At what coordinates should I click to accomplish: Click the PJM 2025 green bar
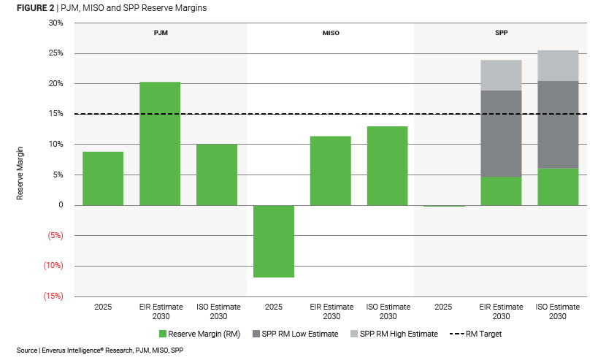pyautogui.click(x=103, y=178)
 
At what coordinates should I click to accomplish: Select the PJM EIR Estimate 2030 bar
pyautogui.click(x=160, y=143)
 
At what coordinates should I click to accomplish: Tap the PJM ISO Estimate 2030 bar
pyautogui.click(x=217, y=175)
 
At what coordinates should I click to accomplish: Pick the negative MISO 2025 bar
pyautogui.click(x=274, y=241)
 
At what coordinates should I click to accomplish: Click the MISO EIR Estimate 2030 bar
pyautogui.click(x=331, y=170)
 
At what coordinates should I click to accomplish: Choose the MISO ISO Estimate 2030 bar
pyautogui.click(x=387, y=166)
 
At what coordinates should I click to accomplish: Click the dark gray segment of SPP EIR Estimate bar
pyautogui.click(x=501, y=134)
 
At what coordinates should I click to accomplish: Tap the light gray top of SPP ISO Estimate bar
pyautogui.click(x=558, y=65)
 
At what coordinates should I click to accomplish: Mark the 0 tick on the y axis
pyautogui.click(x=61, y=205)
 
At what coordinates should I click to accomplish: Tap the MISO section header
pyautogui.click(x=330, y=34)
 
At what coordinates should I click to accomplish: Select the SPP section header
pyautogui.click(x=501, y=34)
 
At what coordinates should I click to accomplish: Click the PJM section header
pyautogui.click(x=160, y=34)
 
